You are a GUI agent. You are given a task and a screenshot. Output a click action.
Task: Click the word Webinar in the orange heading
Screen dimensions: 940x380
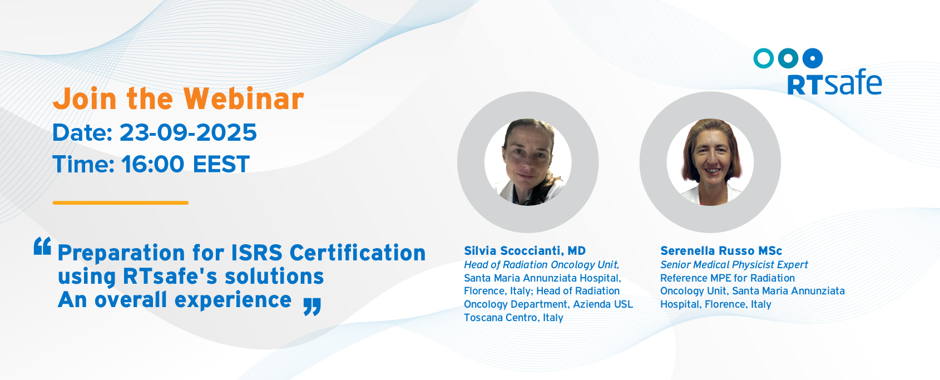pyautogui.click(x=244, y=99)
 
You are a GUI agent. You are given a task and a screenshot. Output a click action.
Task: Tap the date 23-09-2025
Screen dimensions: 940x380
pyautogui.click(x=188, y=132)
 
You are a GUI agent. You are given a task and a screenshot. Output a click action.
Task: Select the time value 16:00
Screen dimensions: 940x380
pyautogui.click(x=153, y=164)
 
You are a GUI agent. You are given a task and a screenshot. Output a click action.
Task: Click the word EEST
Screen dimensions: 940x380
pyautogui.click(x=221, y=164)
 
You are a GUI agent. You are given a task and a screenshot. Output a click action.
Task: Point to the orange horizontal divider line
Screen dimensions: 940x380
pyautogui.click(x=121, y=203)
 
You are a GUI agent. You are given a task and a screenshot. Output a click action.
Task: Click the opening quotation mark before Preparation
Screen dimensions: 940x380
pyautogui.click(x=42, y=246)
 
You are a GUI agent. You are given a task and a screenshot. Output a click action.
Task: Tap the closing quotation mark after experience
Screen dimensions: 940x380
pyautogui.click(x=312, y=307)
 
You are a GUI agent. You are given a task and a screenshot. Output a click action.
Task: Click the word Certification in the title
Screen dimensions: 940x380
pyautogui.click(x=358, y=253)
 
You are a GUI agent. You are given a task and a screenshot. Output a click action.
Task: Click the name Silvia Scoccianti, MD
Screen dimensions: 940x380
pyautogui.click(x=525, y=251)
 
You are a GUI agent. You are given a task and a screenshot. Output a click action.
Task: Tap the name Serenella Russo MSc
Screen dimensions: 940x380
pyautogui.click(x=721, y=251)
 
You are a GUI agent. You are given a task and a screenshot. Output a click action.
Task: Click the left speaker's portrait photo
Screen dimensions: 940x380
pyautogui.click(x=528, y=162)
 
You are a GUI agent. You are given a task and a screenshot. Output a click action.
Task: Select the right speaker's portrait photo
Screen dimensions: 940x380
pyautogui.click(x=710, y=162)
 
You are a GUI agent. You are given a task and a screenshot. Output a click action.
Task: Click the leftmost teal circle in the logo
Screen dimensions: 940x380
pyautogui.click(x=764, y=58)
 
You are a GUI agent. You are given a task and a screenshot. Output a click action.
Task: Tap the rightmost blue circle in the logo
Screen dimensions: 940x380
pyautogui.click(x=813, y=58)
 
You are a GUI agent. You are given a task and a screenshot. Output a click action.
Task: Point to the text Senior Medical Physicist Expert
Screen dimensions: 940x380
pyautogui.click(x=734, y=265)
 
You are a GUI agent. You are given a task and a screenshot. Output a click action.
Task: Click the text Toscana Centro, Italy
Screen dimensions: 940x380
pyautogui.click(x=513, y=318)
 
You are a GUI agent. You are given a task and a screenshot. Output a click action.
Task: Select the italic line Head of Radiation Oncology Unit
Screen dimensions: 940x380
pyautogui.click(x=541, y=265)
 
